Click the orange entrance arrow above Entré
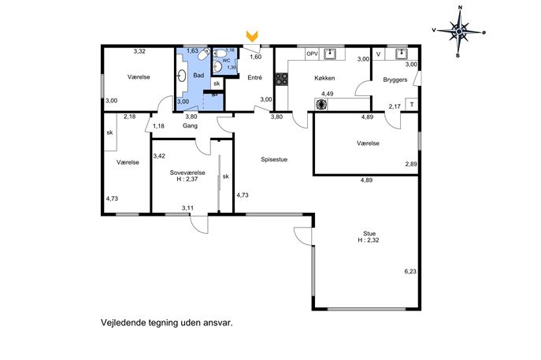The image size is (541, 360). [x=252, y=36]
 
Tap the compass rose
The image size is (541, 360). [x=459, y=32]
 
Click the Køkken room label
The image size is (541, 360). [x=324, y=78]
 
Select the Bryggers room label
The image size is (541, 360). [x=395, y=80]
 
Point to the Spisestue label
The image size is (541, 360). [x=274, y=159]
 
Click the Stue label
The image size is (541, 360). [x=369, y=234]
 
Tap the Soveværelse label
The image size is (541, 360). [x=187, y=173]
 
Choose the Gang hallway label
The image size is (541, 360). [x=190, y=126]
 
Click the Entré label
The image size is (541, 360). [x=254, y=78]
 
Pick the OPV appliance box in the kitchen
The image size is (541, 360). [x=312, y=54]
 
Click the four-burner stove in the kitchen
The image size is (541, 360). [x=282, y=79]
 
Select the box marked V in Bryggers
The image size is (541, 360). [x=379, y=54]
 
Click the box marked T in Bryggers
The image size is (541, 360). [x=412, y=105]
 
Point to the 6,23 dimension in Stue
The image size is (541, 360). [x=410, y=271]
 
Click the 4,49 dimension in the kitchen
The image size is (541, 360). [x=328, y=94]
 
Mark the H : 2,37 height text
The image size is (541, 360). [x=187, y=179]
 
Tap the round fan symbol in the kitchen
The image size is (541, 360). [x=321, y=104]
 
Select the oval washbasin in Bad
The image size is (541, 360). [x=181, y=76]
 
